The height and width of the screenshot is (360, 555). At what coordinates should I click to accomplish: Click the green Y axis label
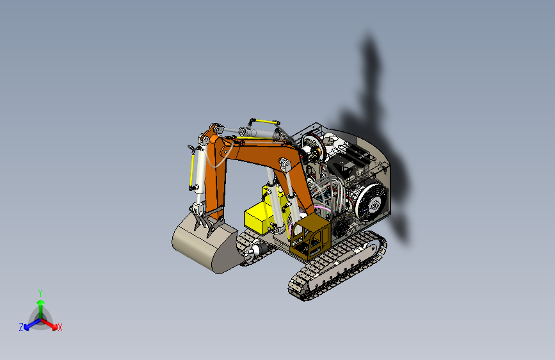click(40, 292)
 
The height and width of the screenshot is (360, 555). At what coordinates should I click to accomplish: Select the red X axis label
click(60, 328)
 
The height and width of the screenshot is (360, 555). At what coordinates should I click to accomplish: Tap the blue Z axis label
click(21, 327)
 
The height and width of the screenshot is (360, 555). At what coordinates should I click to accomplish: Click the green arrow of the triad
click(40, 304)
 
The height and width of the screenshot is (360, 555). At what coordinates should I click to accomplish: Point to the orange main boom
click(256, 154)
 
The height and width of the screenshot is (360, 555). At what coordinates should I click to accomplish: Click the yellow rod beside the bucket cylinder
click(191, 170)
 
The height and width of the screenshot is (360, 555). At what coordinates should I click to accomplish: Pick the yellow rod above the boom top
click(264, 121)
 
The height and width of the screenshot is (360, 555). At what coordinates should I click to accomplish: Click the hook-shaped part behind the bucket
click(252, 250)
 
